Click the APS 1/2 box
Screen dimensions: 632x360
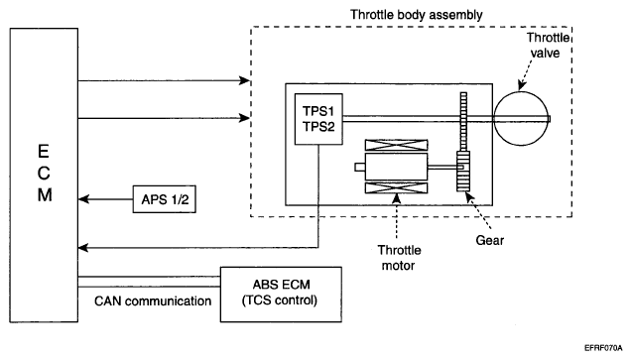tap(165, 199)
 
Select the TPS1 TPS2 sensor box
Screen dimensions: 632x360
tap(318, 119)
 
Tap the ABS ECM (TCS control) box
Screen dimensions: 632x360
tap(281, 295)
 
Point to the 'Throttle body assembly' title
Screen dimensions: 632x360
tap(417, 15)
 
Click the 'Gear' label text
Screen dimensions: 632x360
tap(490, 240)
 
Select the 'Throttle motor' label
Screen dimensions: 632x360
tap(399, 258)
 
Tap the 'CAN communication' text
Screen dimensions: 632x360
tap(153, 300)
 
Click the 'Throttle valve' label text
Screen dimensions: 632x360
tap(547, 45)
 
